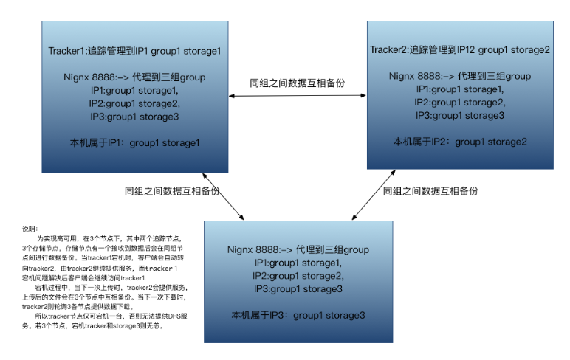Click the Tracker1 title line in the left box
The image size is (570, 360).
coord(134,51)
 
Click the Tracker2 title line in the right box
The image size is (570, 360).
coord(459,50)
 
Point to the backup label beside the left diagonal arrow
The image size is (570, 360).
coord(172,190)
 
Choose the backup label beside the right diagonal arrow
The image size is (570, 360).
coord(430,190)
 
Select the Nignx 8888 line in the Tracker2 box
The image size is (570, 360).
coord(459,76)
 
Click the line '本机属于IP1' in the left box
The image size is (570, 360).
coord(135,142)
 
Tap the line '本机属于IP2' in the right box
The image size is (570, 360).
coord(459,142)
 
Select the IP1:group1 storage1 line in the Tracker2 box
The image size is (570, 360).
coord(459,89)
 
